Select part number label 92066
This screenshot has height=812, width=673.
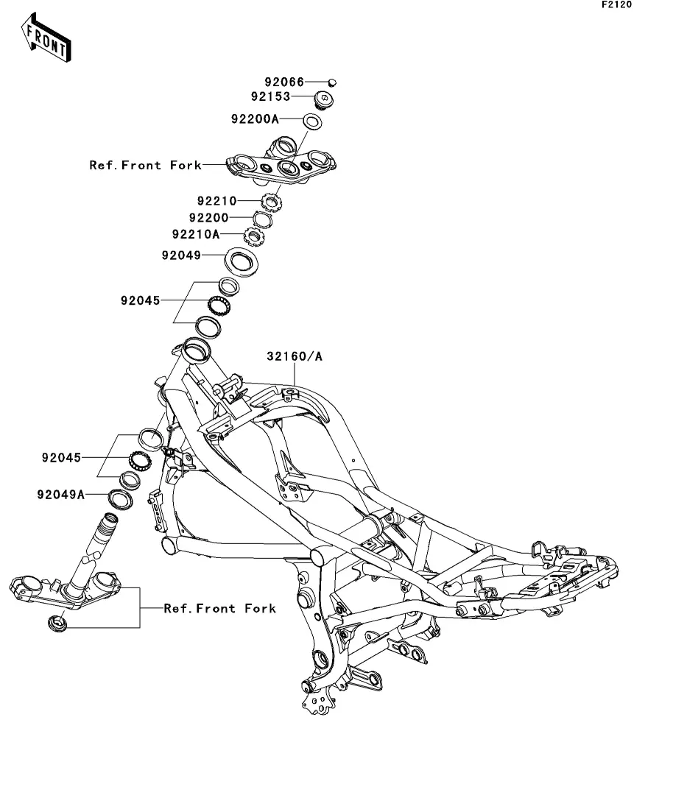(285, 82)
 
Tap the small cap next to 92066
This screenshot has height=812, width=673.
(332, 82)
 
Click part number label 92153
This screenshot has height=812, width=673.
(270, 96)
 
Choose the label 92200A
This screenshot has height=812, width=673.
(256, 118)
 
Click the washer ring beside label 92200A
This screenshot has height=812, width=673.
(312, 121)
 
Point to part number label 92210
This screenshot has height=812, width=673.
(216, 200)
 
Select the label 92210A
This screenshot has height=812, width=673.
(196, 235)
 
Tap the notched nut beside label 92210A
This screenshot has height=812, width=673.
(254, 236)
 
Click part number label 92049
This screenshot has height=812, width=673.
(182, 255)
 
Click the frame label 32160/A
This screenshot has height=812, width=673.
(295, 357)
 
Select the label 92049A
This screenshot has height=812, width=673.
(60, 495)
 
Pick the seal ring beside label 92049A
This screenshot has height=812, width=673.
(119, 498)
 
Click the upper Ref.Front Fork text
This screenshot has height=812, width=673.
(145, 165)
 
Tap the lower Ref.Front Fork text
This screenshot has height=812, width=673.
(219, 608)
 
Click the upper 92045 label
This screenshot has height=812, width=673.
(141, 300)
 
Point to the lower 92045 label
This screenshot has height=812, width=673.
(60, 457)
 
